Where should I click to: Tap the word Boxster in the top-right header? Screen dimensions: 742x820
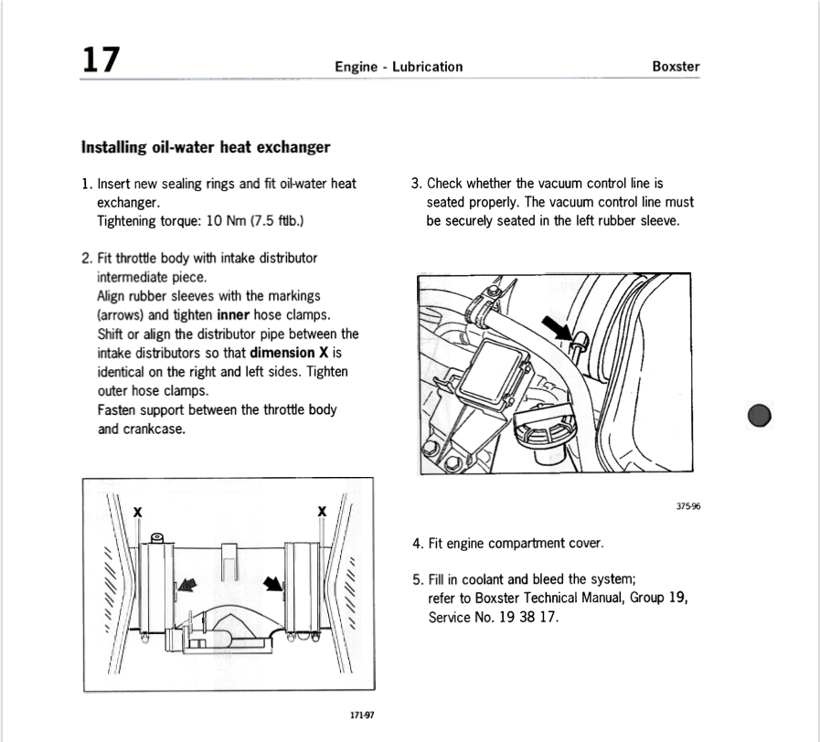tap(676, 66)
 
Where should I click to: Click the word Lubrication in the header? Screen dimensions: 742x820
tap(427, 66)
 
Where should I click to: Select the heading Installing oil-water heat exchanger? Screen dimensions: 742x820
tap(206, 146)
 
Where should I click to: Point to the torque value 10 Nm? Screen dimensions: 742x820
tap(227, 220)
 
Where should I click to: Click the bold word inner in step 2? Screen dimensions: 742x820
tap(234, 315)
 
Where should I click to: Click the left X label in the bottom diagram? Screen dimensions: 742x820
tap(137, 513)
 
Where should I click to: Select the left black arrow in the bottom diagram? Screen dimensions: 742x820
tap(186, 586)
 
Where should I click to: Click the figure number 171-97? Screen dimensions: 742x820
tap(362, 715)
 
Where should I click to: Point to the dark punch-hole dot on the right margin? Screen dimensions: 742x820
tap(760, 416)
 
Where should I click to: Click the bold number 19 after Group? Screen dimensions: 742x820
tap(676, 598)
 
